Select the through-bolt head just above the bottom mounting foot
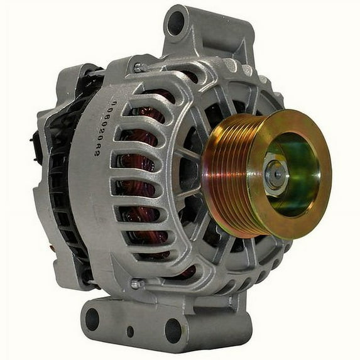[134, 284]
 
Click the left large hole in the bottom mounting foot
[92, 319]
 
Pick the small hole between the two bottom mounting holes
[130, 331]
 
